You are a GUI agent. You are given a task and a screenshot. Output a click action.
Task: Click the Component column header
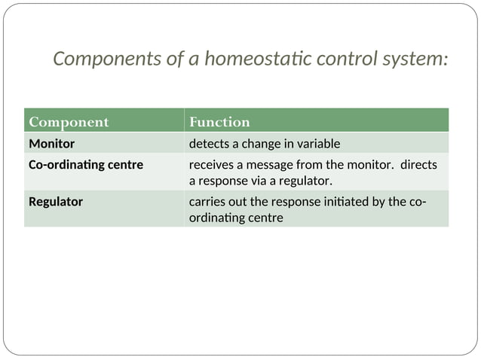(69, 122)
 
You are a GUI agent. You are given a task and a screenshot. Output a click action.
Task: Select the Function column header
(219, 122)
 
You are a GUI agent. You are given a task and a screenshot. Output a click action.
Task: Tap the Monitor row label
(51, 143)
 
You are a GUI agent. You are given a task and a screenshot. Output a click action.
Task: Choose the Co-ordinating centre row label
(85, 164)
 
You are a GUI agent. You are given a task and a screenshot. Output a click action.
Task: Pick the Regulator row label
(56, 202)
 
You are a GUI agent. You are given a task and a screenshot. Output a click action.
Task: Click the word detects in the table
(209, 143)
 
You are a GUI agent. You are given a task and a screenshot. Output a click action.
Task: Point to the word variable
(317, 143)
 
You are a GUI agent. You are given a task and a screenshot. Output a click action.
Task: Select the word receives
(211, 164)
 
